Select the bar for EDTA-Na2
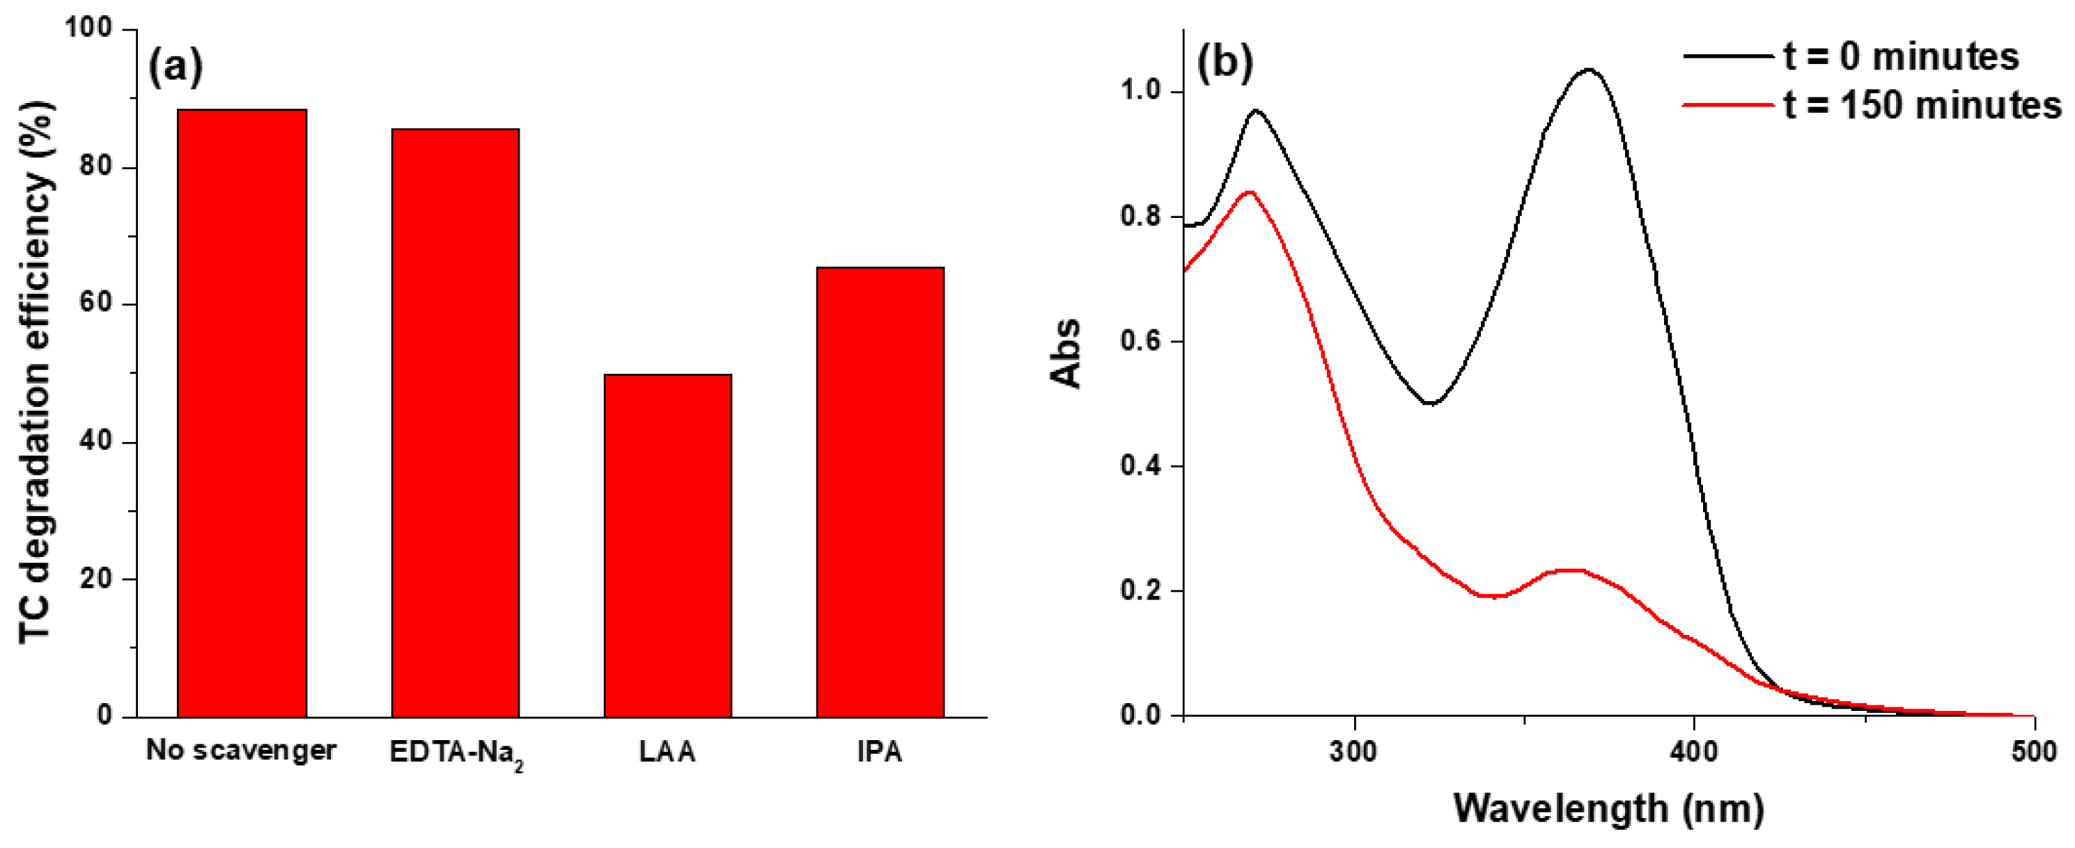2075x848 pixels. [x=455, y=423]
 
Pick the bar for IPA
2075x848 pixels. [x=880, y=492]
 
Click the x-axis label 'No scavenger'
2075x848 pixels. [x=241, y=751]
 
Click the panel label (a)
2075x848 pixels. [x=176, y=66]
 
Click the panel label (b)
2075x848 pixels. [x=1225, y=63]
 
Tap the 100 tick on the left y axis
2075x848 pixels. [x=88, y=29]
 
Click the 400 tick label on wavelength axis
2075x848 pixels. [x=1694, y=752]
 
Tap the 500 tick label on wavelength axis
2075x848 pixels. [x=2034, y=752]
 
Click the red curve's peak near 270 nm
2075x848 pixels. [x=1248, y=192]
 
